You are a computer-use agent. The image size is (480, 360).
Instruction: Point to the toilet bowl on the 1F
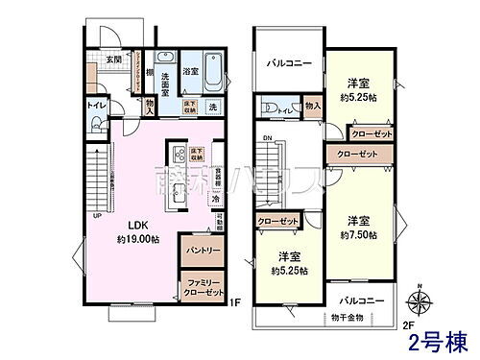point(96,104)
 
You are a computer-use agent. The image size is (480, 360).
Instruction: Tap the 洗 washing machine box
point(213,105)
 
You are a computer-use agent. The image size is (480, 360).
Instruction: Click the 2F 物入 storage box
point(312,105)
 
